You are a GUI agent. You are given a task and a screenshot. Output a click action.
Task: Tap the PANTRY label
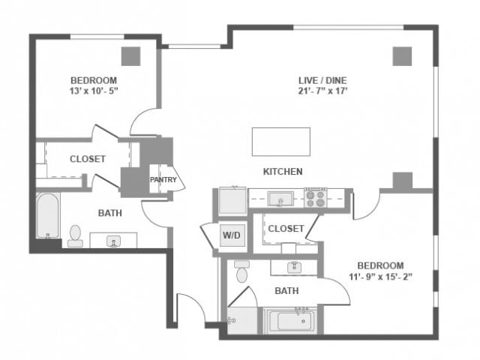(163, 179)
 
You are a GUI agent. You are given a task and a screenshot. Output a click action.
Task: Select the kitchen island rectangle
(280, 142)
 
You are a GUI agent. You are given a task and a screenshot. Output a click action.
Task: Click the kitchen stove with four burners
(315, 199)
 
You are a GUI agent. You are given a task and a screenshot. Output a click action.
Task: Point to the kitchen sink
(280, 199)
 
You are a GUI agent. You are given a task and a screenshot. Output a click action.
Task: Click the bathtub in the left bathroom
(48, 215)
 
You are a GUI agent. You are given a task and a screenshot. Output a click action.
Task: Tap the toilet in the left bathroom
(75, 235)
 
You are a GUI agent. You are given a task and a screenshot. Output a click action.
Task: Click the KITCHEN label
(283, 172)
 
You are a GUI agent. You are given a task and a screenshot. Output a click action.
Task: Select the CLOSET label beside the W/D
(286, 228)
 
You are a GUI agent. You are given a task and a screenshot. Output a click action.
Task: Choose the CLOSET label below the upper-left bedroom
(88, 159)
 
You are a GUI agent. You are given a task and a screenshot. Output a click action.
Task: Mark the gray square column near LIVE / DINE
(402, 56)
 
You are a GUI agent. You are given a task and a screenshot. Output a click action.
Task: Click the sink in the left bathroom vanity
(114, 241)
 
